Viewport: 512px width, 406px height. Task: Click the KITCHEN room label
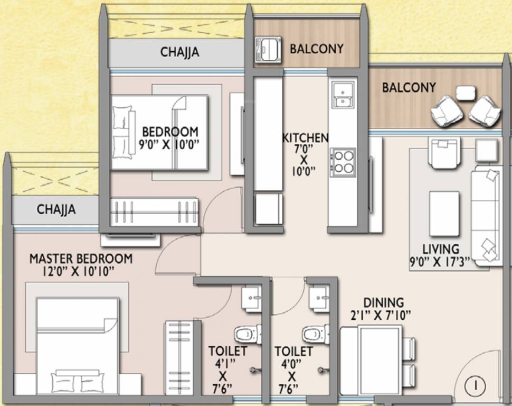pos(305,138)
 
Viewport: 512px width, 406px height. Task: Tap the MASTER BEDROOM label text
pos(81,259)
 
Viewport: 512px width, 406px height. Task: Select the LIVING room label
pos(441,250)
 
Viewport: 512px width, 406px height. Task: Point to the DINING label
pos(384,302)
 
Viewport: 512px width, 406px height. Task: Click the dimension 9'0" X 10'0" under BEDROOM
pos(169,144)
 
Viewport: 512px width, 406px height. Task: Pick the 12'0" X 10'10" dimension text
pos(78,271)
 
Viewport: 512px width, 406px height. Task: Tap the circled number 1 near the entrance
pos(476,385)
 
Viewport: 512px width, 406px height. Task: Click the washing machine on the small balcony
pos(268,49)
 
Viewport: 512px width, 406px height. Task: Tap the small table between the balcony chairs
pos(466,93)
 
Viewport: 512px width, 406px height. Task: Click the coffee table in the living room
pos(444,213)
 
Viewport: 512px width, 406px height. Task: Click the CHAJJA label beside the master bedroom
pos(56,209)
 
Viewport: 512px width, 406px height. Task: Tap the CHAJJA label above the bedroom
pos(179,52)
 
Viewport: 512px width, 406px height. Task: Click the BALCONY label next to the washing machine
pos(317,49)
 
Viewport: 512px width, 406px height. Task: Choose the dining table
pos(371,360)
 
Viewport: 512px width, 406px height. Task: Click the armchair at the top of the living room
pos(445,153)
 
